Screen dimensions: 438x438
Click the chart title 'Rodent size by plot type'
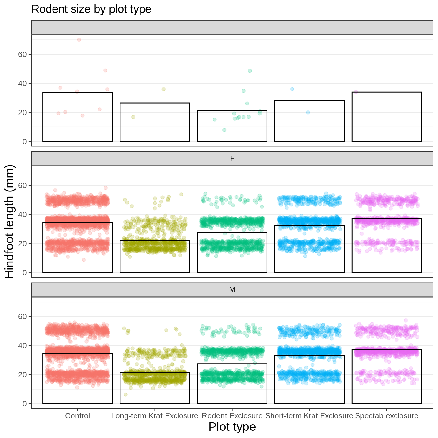[91, 9]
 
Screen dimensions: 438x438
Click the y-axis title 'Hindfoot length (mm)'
[10, 222]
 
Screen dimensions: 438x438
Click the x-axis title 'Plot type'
[232, 427]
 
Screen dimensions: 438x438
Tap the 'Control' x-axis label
[78, 416]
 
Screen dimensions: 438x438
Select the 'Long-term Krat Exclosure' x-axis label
[155, 416]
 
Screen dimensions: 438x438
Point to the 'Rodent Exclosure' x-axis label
[232, 416]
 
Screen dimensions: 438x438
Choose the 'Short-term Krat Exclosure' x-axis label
[309, 416]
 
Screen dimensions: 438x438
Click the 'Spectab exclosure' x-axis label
[387, 416]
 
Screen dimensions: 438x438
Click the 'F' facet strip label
[232, 159]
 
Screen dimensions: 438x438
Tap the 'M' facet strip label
[232, 290]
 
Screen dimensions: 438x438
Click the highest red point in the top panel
[79, 40]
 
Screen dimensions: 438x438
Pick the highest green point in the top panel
[250, 71]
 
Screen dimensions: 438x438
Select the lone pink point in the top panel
[356, 92]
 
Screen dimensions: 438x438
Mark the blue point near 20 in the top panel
[308, 112]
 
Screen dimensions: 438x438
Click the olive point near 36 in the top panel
[163, 89]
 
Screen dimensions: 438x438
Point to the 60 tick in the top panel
[23, 54]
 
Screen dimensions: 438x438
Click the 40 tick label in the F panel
[23, 215]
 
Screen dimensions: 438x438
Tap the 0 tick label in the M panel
[25, 404]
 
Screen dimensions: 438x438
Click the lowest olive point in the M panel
[125, 395]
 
